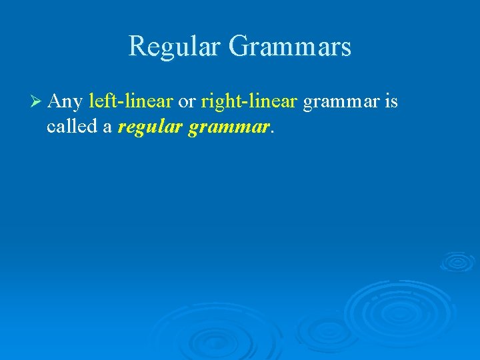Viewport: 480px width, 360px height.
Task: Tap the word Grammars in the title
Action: (x=289, y=47)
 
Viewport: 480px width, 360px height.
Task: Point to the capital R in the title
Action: (x=137, y=46)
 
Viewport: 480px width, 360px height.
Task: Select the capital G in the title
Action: (x=239, y=46)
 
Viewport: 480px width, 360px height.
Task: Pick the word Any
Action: (x=65, y=102)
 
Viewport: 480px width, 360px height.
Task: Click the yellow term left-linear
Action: (x=131, y=101)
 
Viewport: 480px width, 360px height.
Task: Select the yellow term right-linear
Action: (x=249, y=102)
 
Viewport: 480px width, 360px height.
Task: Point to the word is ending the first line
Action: (x=391, y=101)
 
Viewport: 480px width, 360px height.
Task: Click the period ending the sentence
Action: (x=273, y=133)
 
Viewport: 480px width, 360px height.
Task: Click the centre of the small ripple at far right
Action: (x=457, y=261)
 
